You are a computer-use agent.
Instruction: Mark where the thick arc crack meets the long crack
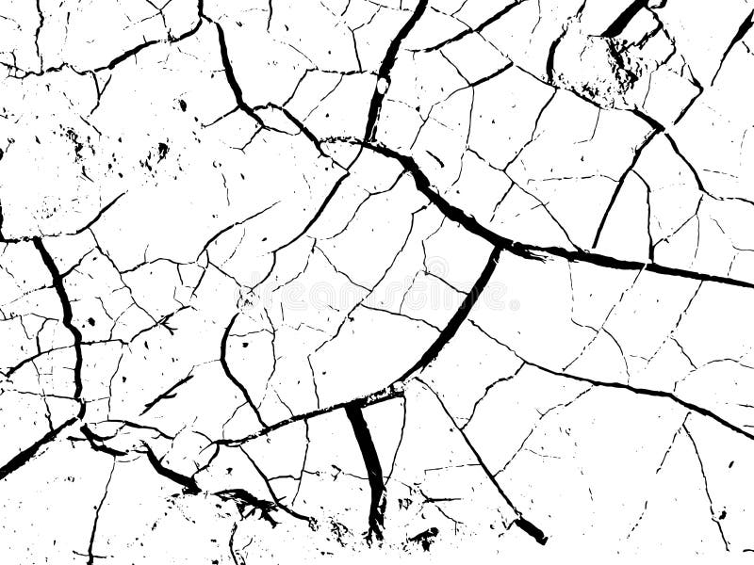pos(498,246)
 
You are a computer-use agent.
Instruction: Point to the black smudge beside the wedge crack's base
pos(424,538)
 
